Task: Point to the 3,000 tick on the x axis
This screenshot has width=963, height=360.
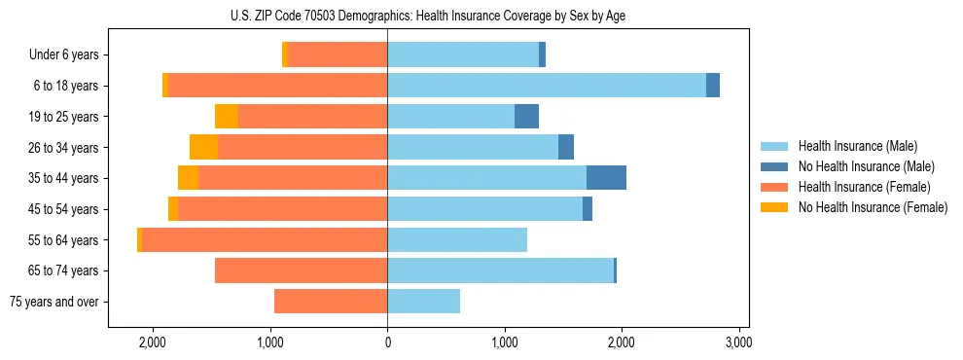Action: coord(738,342)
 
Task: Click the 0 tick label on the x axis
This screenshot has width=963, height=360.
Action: coord(387,342)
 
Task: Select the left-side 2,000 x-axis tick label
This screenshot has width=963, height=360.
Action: coord(153,342)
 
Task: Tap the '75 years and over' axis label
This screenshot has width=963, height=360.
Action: coord(54,302)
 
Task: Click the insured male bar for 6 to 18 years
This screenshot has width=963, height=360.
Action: coord(546,86)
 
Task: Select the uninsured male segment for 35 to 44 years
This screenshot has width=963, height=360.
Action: coord(606,178)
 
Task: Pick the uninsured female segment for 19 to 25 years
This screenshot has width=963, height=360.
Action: coord(227,117)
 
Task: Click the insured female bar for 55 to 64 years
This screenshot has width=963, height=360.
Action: coord(264,239)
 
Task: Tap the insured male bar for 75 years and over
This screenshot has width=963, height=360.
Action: coord(423,302)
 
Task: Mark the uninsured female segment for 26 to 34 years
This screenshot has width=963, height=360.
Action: coord(203,147)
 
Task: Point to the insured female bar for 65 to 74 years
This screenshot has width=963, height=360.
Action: coord(301,270)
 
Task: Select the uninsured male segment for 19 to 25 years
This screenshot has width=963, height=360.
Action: coord(526,117)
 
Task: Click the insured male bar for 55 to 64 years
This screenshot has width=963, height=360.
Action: coord(457,239)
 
